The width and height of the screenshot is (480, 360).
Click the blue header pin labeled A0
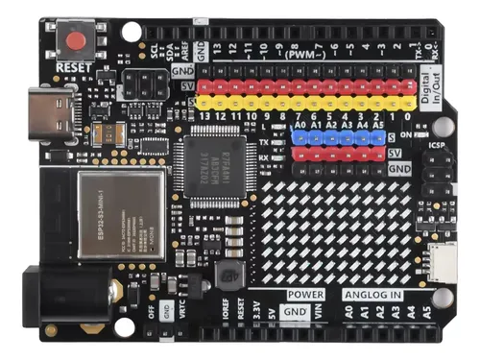pos(300,137)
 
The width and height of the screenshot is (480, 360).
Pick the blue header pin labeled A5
pos(378,137)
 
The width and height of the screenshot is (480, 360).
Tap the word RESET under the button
pos(78,67)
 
